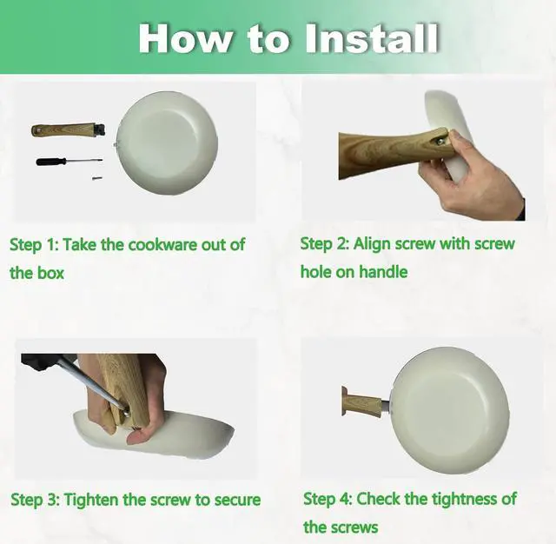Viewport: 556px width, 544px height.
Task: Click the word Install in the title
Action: tap(372, 38)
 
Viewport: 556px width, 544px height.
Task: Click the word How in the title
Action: tap(184, 38)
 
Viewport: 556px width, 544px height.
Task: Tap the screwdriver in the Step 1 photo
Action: tap(69, 162)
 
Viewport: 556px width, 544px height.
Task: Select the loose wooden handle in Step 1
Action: tap(68, 129)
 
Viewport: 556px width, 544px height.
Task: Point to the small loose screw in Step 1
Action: tap(96, 177)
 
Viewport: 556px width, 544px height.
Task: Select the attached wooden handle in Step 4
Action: tap(362, 401)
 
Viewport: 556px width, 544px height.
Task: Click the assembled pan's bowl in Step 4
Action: tap(451, 410)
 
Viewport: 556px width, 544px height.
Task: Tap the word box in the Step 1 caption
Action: tap(50, 273)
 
